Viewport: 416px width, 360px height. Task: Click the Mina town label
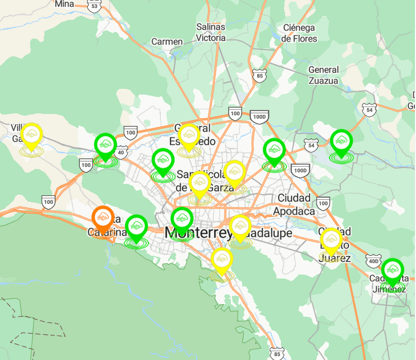(x=64, y=4)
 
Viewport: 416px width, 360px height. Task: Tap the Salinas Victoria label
(x=211, y=32)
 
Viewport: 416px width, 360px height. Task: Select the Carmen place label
(x=167, y=42)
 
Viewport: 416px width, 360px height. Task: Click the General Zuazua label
(x=323, y=75)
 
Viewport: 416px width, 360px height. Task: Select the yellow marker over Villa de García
(x=31, y=135)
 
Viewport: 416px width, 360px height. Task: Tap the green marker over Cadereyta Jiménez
(x=392, y=270)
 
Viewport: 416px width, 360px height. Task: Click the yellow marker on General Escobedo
(x=188, y=137)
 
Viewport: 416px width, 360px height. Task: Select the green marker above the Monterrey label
(x=182, y=219)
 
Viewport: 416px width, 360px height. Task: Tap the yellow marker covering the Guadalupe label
(x=240, y=227)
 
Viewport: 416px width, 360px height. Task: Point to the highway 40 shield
(x=121, y=152)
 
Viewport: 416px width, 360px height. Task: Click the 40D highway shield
(x=373, y=261)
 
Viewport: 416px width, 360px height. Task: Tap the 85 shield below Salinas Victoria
(x=260, y=75)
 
